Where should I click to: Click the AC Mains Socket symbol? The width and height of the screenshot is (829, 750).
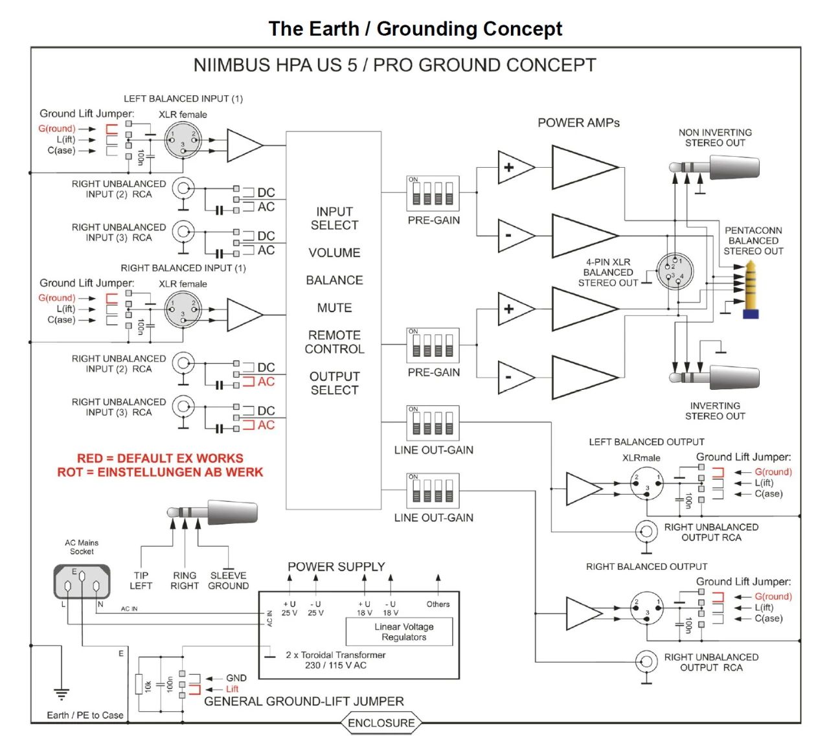coord(82,582)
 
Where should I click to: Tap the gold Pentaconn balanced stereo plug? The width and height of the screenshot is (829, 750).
coord(751,290)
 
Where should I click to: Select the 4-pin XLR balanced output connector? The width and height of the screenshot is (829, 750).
coord(675,271)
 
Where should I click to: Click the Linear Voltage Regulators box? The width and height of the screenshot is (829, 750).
coord(399,631)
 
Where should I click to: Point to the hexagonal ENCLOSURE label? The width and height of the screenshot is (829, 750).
coord(381,723)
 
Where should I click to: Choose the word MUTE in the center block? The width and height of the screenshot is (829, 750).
coord(334,308)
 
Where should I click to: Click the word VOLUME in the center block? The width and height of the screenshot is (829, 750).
coord(334,253)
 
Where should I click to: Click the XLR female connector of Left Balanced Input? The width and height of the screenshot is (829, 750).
coord(183,140)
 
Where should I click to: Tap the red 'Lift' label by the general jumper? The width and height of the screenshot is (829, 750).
coord(232,689)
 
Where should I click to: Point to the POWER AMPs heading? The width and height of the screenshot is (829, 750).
coord(578,123)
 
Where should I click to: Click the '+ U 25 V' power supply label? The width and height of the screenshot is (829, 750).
coord(289,608)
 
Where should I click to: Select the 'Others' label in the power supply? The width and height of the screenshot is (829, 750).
coord(438,604)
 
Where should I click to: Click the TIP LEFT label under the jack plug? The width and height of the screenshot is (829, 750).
coord(141,580)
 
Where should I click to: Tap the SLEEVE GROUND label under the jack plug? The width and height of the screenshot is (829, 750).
coord(228,580)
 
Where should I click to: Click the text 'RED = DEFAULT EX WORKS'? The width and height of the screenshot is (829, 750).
coord(160,458)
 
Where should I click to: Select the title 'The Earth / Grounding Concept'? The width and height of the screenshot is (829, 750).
coord(415,28)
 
